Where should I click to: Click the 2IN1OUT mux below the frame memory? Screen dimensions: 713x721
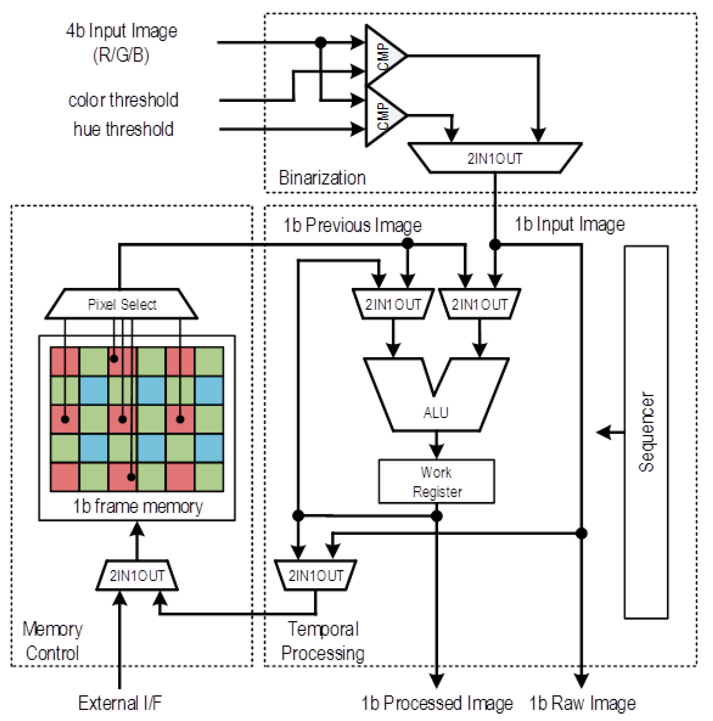137,575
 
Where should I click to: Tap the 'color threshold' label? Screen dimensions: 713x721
123,100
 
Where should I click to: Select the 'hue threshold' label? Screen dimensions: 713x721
123,129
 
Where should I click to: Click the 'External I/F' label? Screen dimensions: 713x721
120,703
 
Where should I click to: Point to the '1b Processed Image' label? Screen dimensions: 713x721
437,703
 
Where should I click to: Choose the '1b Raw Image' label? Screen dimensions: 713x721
582,703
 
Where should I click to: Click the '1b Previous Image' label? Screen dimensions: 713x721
352,225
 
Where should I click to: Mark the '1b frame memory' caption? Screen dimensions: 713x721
138,506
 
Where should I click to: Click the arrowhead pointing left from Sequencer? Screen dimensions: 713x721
603,432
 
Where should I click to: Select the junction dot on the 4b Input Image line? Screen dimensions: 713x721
320,42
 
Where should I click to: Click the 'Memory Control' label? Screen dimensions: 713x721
52,641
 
